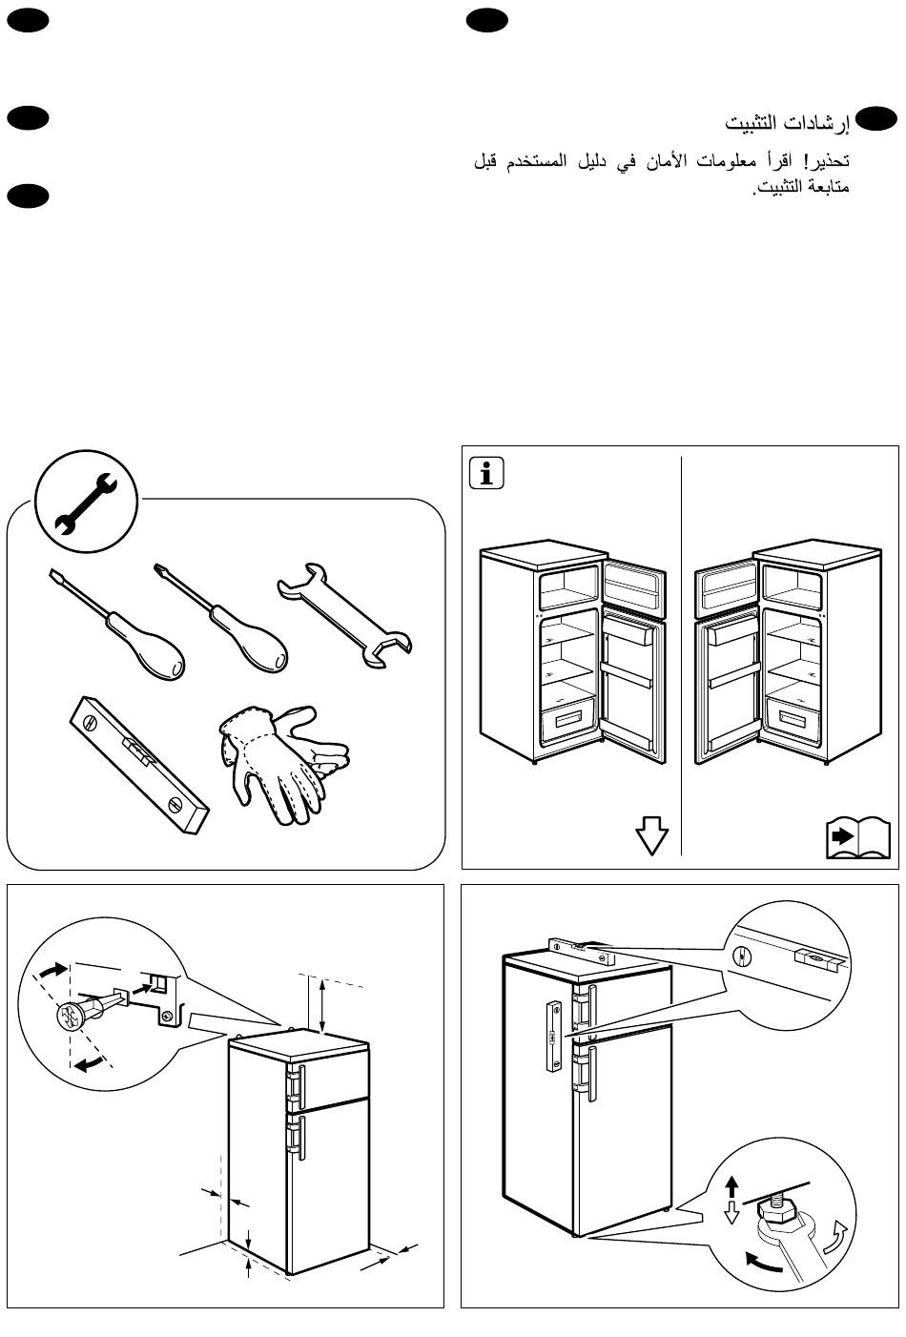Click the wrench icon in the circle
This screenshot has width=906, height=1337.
tap(85, 499)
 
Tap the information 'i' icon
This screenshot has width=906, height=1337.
tap(487, 474)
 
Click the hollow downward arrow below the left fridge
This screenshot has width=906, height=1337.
tap(651, 836)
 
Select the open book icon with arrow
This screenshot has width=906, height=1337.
tap(856, 838)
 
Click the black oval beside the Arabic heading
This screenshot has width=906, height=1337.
tap(876, 117)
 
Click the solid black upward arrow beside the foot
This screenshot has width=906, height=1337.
tap(732, 1187)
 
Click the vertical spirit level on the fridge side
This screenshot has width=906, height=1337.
tap(552, 1035)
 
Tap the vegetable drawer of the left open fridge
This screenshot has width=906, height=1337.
tap(568, 722)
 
